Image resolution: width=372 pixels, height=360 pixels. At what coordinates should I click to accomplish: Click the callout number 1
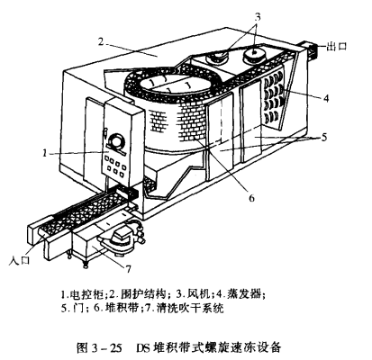pyautogui.click(x=44, y=154)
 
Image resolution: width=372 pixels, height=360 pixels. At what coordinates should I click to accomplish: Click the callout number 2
pyautogui.click(x=101, y=41)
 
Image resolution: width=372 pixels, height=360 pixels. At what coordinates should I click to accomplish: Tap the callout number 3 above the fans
pyautogui.click(x=258, y=17)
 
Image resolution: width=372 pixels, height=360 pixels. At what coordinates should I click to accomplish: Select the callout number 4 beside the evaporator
pyautogui.click(x=326, y=98)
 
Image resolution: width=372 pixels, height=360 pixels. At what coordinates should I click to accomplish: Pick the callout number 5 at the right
pyautogui.click(x=323, y=137)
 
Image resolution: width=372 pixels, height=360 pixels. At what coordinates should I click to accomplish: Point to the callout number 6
pyautogui.click(x=251, y=198)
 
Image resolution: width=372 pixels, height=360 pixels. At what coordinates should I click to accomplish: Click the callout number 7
pyautogui.click(x=128, y=269)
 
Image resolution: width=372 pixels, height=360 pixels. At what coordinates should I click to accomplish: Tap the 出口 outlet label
pyautogui.click(x=337, y=47)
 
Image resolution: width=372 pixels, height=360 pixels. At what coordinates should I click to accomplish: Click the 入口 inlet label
pyautogui.click(x=20, y=260)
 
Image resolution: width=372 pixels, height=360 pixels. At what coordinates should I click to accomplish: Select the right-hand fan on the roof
pyautogui.click(x=254, y=55)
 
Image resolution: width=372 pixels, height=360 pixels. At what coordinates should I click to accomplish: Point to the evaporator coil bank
pyautogui.click(x=274, y=96)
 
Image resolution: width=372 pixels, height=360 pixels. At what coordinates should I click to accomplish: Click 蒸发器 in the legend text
pyautogui.click(x=247, y=294)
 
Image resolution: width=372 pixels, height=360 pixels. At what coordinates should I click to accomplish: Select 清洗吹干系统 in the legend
pyautogui.click(x=189, y=308)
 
